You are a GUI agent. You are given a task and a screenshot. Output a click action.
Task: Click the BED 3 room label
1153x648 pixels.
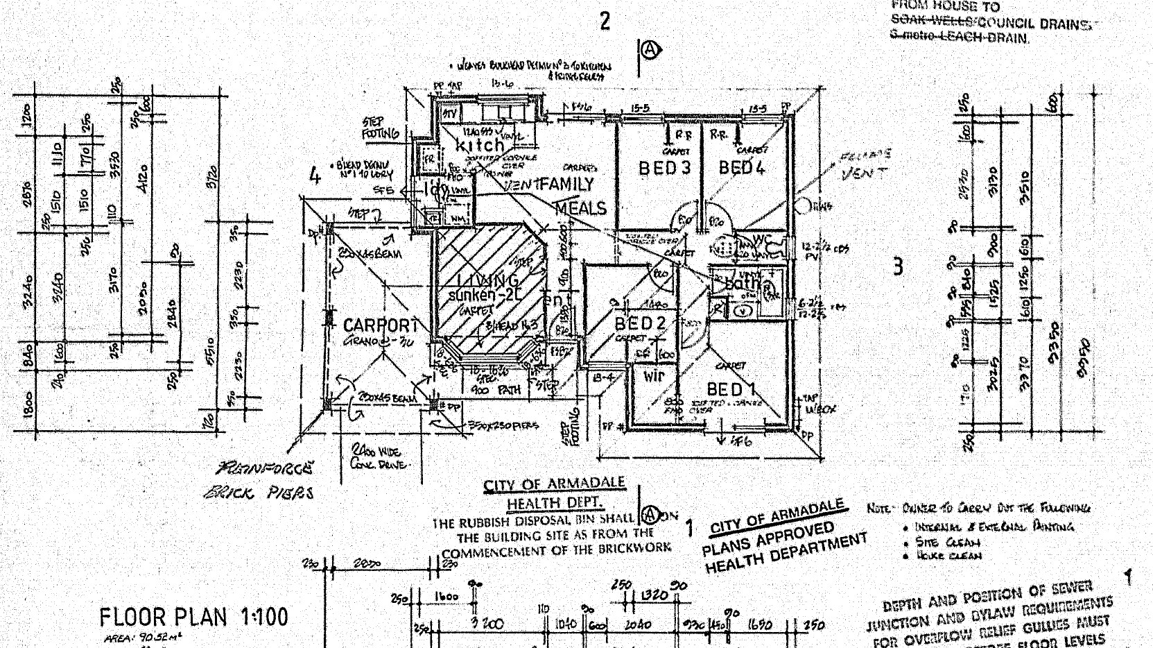pos(665,168)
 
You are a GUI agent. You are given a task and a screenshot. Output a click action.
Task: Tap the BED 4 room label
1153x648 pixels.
pos(741,167)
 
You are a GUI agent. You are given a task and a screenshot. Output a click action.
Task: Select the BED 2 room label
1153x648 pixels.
pos(640,323)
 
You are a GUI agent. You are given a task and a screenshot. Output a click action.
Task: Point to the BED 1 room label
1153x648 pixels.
pos(732,389)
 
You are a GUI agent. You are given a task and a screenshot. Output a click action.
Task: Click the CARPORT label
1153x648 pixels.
pos(381,325)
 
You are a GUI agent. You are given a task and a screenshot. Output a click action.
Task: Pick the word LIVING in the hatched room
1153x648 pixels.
pos(488,280)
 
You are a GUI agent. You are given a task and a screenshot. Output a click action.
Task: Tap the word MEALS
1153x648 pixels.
pos(581,207)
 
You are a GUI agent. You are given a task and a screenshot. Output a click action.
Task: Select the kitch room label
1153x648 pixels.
pos(479,146)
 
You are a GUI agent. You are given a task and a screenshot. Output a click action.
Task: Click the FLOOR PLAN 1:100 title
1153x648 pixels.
pos(193,617)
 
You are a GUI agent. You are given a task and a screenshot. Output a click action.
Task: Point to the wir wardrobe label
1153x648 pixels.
pos(654,376)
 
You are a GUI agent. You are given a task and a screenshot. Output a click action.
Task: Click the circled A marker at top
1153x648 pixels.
pos(650,50)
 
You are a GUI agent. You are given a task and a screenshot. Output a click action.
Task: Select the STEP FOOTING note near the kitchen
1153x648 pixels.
pos(381,128)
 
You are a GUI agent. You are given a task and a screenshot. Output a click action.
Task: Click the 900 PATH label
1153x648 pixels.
pos(496,390)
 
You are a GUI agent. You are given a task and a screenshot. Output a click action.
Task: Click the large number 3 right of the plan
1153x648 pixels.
pos(899,266)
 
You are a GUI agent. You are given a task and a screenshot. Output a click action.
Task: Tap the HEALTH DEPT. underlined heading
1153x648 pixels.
pos(554,502)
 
